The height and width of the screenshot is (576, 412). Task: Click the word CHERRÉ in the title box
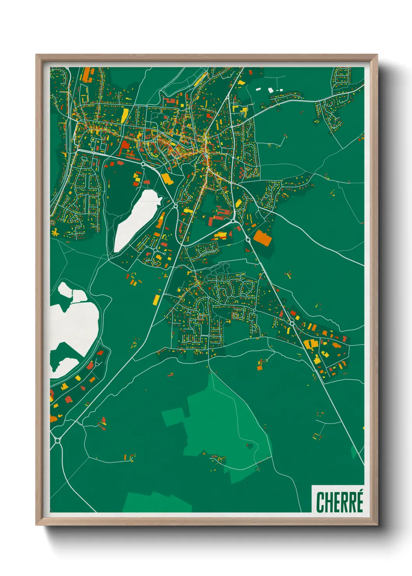coord(339,502)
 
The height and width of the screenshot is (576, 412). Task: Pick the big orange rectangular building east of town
coord(262,238)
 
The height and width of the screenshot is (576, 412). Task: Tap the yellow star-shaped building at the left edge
coord(55,233)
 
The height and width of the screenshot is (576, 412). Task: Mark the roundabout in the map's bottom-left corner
coord(58,440)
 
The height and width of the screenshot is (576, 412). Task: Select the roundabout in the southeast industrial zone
coord(292,323)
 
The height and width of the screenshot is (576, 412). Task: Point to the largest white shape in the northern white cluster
coord(271,91)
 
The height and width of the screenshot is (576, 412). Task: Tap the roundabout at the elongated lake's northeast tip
coord(176,204)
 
